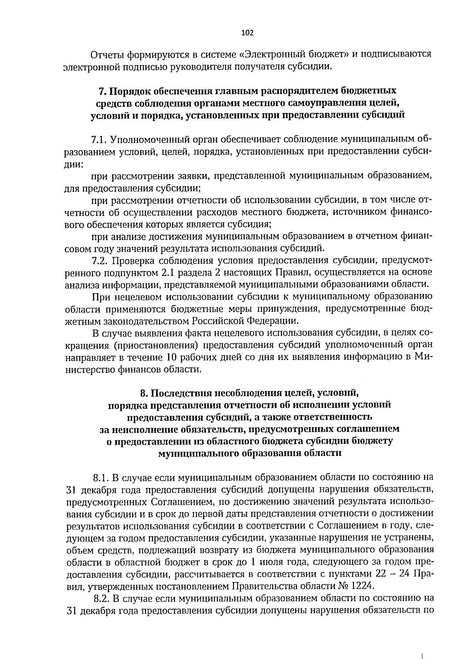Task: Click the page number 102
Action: coord(247,33)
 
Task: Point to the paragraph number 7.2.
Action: coord(100,260)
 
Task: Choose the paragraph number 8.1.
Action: coord(101,477)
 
